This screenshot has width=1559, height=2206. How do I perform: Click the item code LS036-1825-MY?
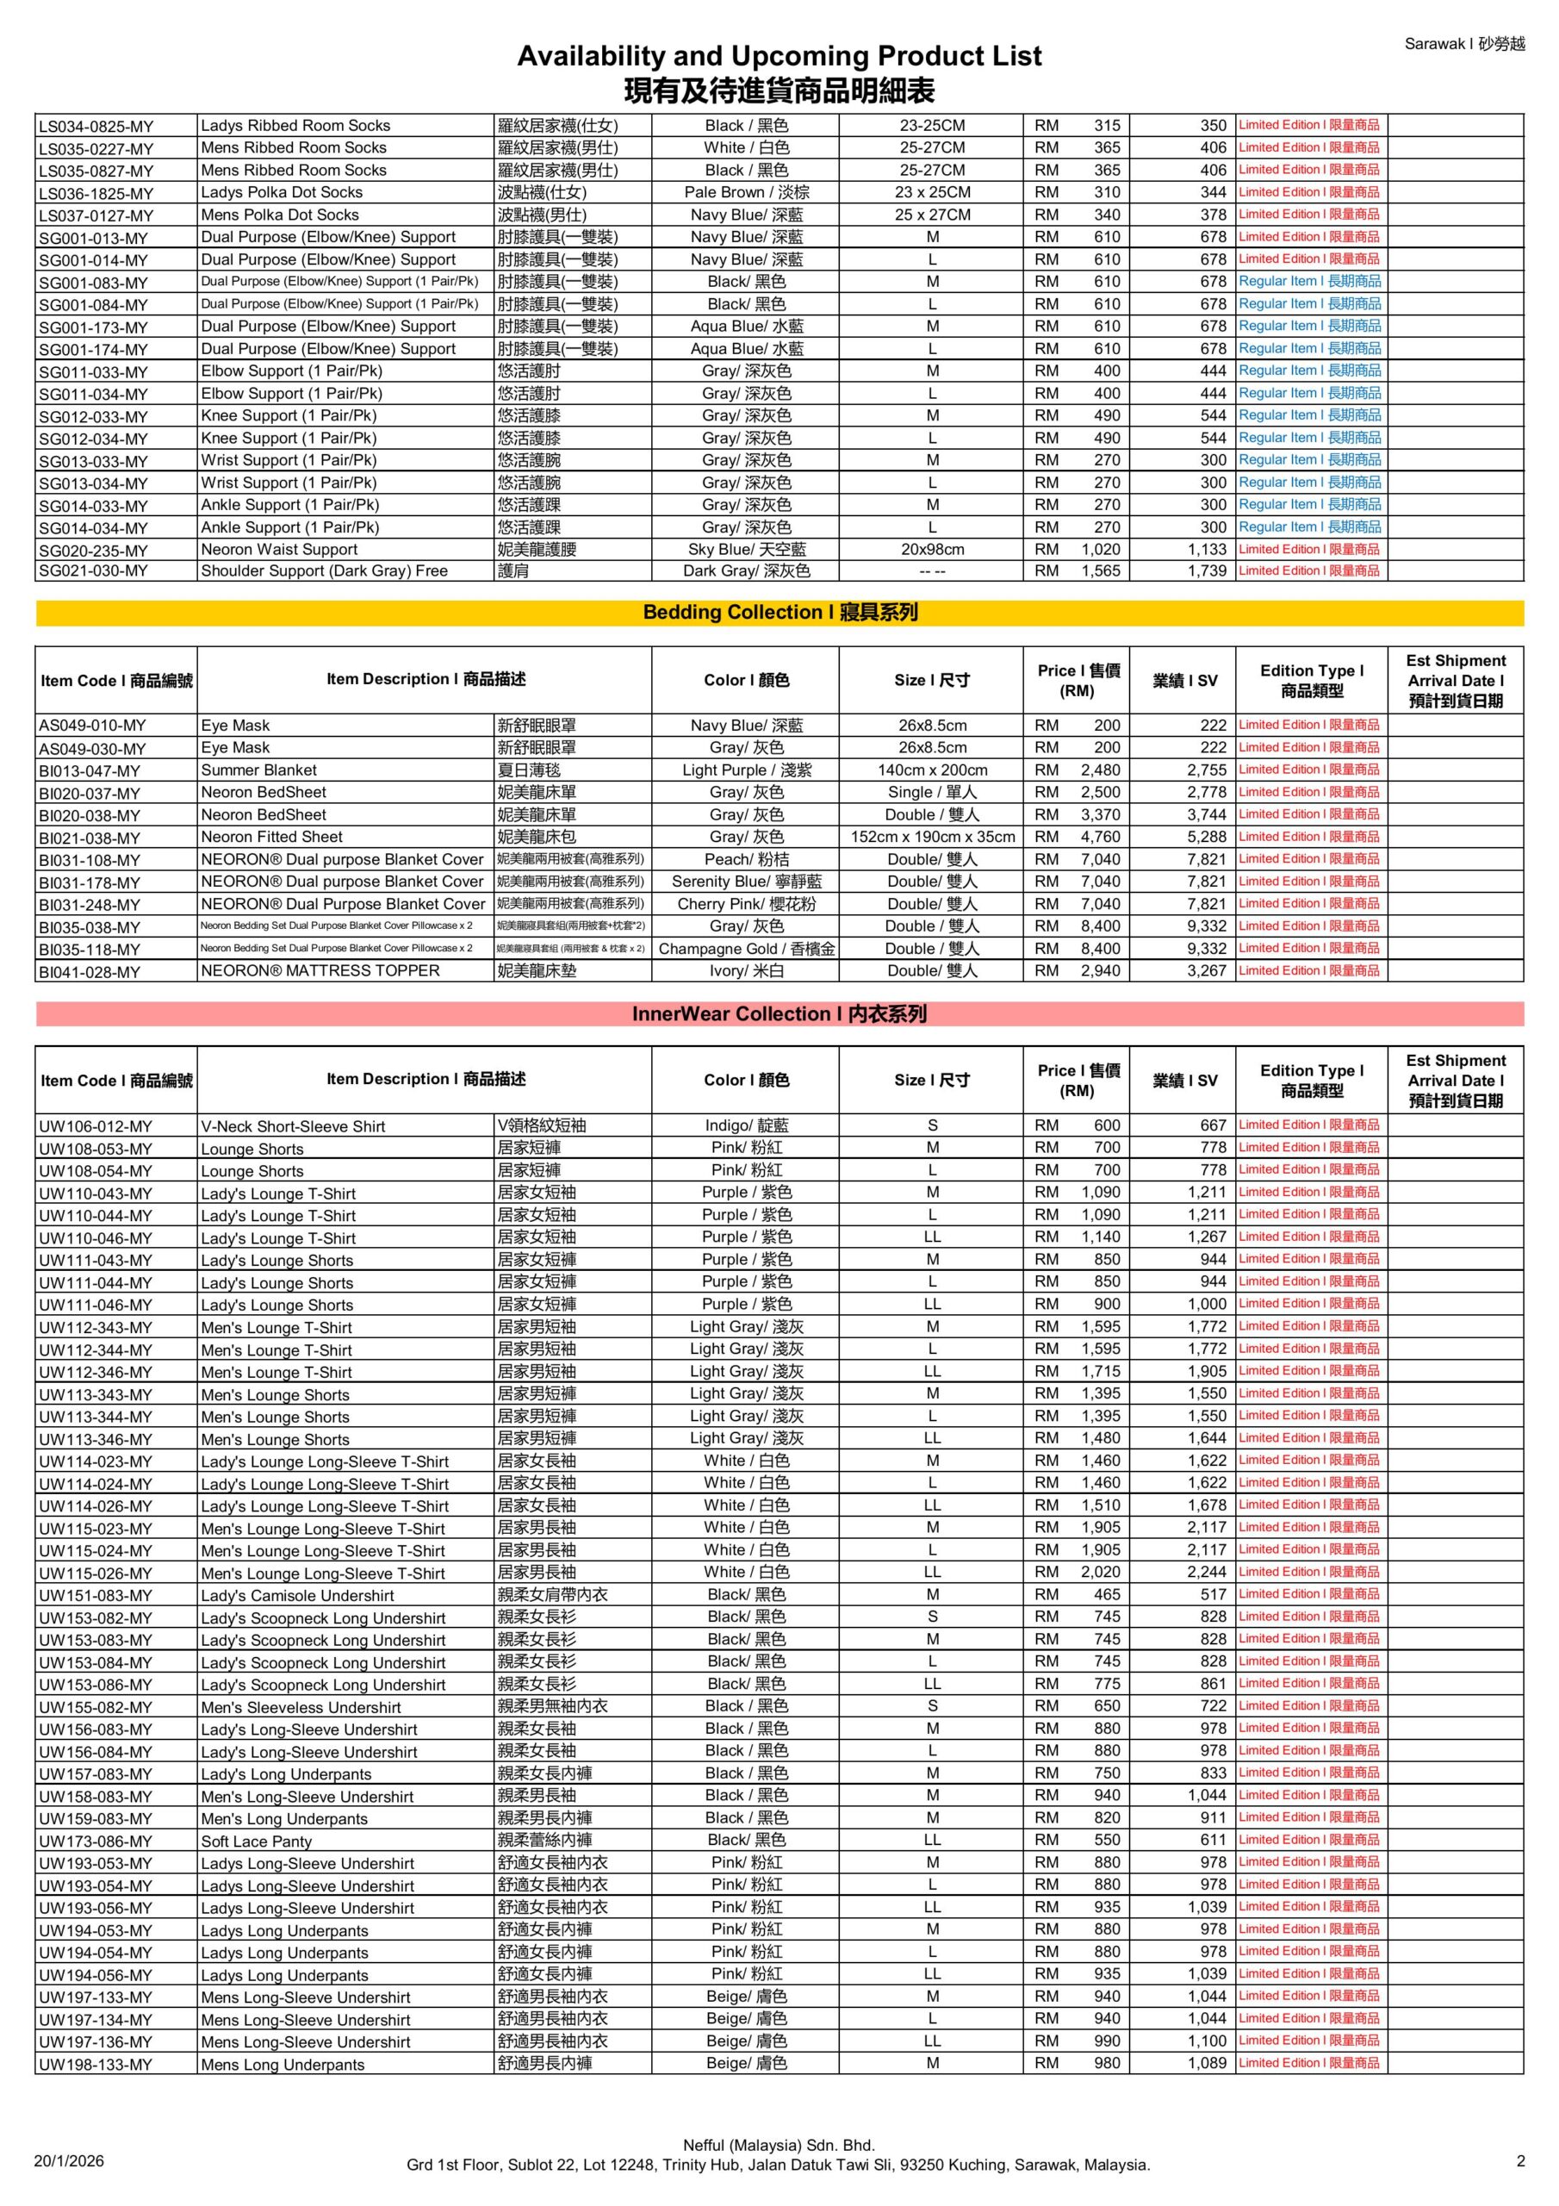pyautogui.click(x=95, y=194)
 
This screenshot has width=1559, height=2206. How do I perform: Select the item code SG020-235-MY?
pyautogui.click(x=93, y=551)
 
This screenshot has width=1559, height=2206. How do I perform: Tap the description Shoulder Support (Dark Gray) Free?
pyautogui.click(x=324, y=570)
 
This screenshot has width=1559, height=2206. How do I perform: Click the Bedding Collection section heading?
pyautogui.click(x=779, y=613)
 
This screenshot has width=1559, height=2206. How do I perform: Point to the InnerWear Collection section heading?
pyautogui.click(x=779, y=1013)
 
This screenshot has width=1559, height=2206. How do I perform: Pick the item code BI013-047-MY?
pyautogui.click(x=90, y=771)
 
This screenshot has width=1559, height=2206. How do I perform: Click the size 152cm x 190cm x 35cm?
pyautogui.click(x=932, y=837)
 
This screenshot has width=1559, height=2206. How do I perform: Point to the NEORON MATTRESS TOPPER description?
pyautogui.click(x=320, y=971)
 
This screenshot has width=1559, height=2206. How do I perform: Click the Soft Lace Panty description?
pyautogui.click(x=256, y=1841)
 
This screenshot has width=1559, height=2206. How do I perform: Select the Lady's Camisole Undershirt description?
pyautogui.click(x=297, y=1596)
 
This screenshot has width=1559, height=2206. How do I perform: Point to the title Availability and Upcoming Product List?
pyautogui.click(x=779, y=57)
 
